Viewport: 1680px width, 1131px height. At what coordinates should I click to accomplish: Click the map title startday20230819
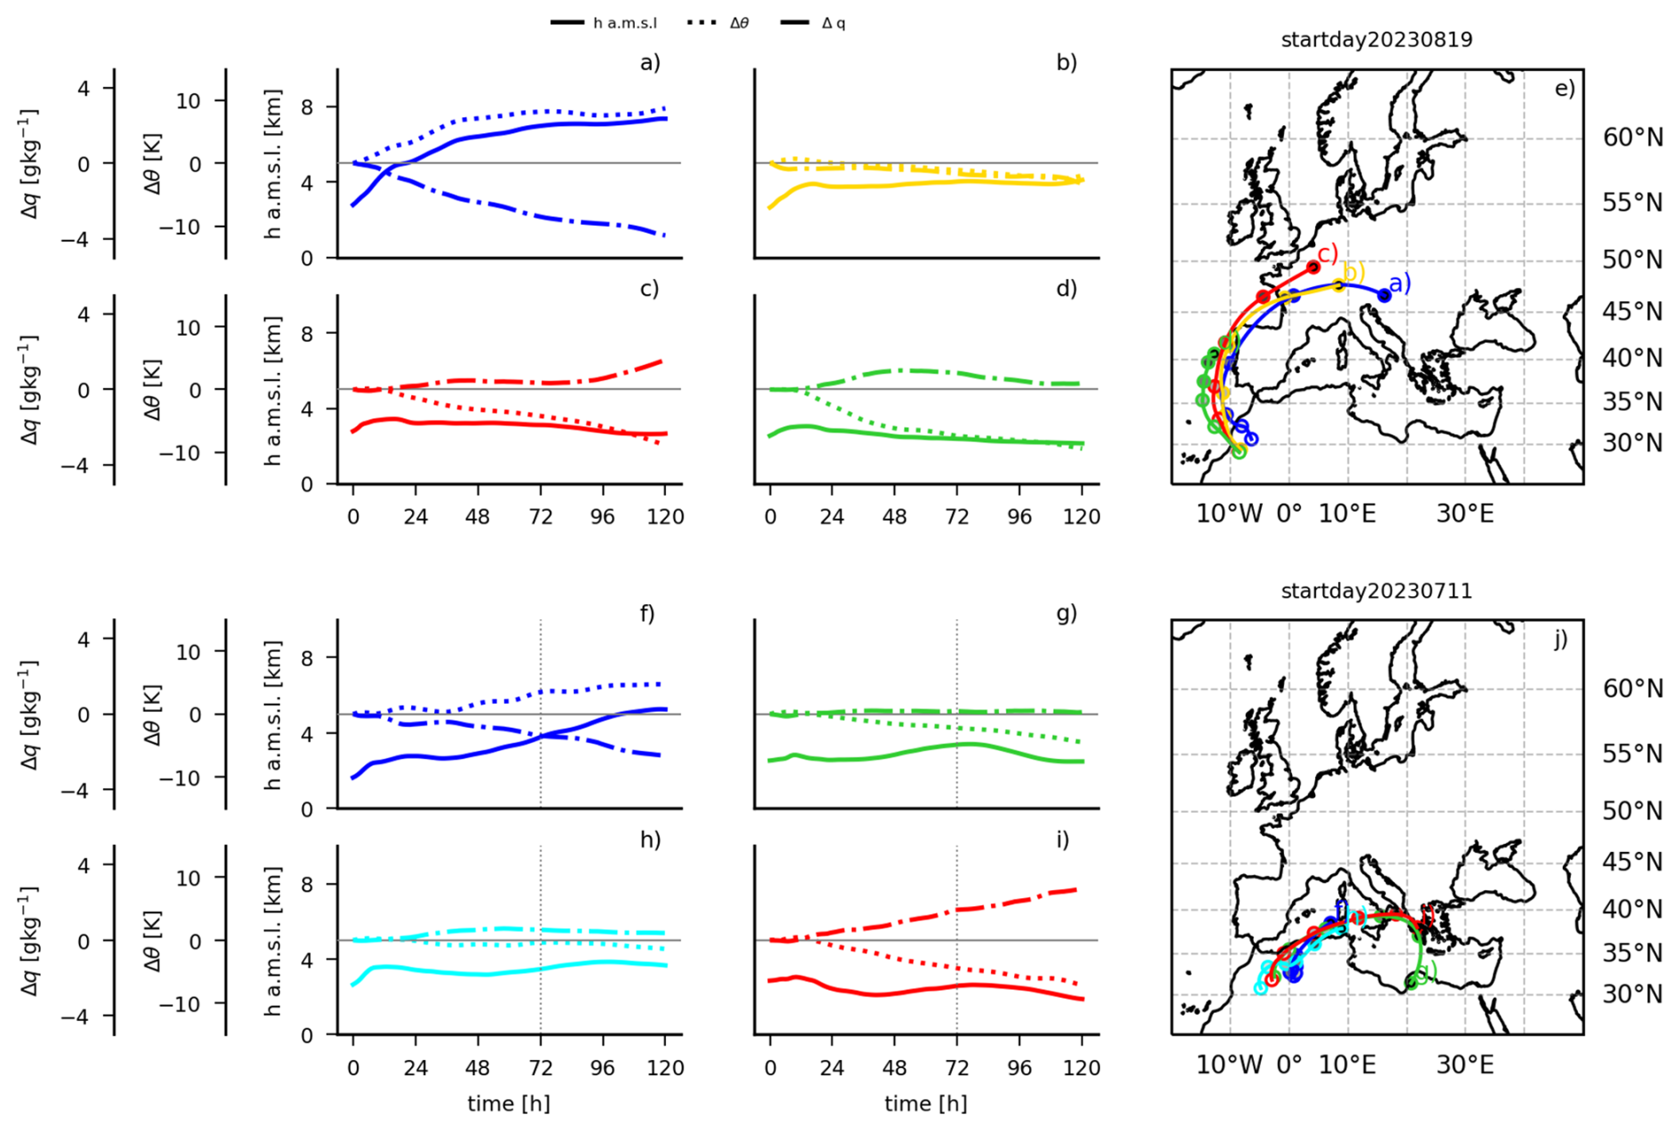point(1376,40)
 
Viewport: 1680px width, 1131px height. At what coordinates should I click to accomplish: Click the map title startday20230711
point(1376,591)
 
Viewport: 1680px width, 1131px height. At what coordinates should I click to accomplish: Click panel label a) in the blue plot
point(650,62)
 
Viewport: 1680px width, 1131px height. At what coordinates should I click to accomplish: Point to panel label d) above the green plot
point(1066,289)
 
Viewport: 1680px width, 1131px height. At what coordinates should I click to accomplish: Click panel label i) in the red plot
point(1064,840)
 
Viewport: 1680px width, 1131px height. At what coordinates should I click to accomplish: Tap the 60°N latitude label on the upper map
point(1632,138)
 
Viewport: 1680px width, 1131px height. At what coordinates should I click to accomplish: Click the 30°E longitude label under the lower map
point(1465,1064)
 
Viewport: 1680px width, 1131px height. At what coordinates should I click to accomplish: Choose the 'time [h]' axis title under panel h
point(509,1103)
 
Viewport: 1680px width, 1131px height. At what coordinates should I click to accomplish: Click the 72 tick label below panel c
point(540,517)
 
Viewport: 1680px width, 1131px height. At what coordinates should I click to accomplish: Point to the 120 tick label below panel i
point(1082,1068)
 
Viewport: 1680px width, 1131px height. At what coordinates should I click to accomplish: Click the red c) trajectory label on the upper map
point(1327,254)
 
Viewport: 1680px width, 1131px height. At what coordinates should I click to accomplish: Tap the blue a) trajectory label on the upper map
point(1399,283)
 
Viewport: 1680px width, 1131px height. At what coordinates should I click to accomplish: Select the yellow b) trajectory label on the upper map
point(1354,273)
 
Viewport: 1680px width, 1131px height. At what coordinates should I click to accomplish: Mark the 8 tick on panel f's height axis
point(307,658)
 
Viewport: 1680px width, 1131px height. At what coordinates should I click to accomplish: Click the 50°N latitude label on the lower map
point(1632,811)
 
